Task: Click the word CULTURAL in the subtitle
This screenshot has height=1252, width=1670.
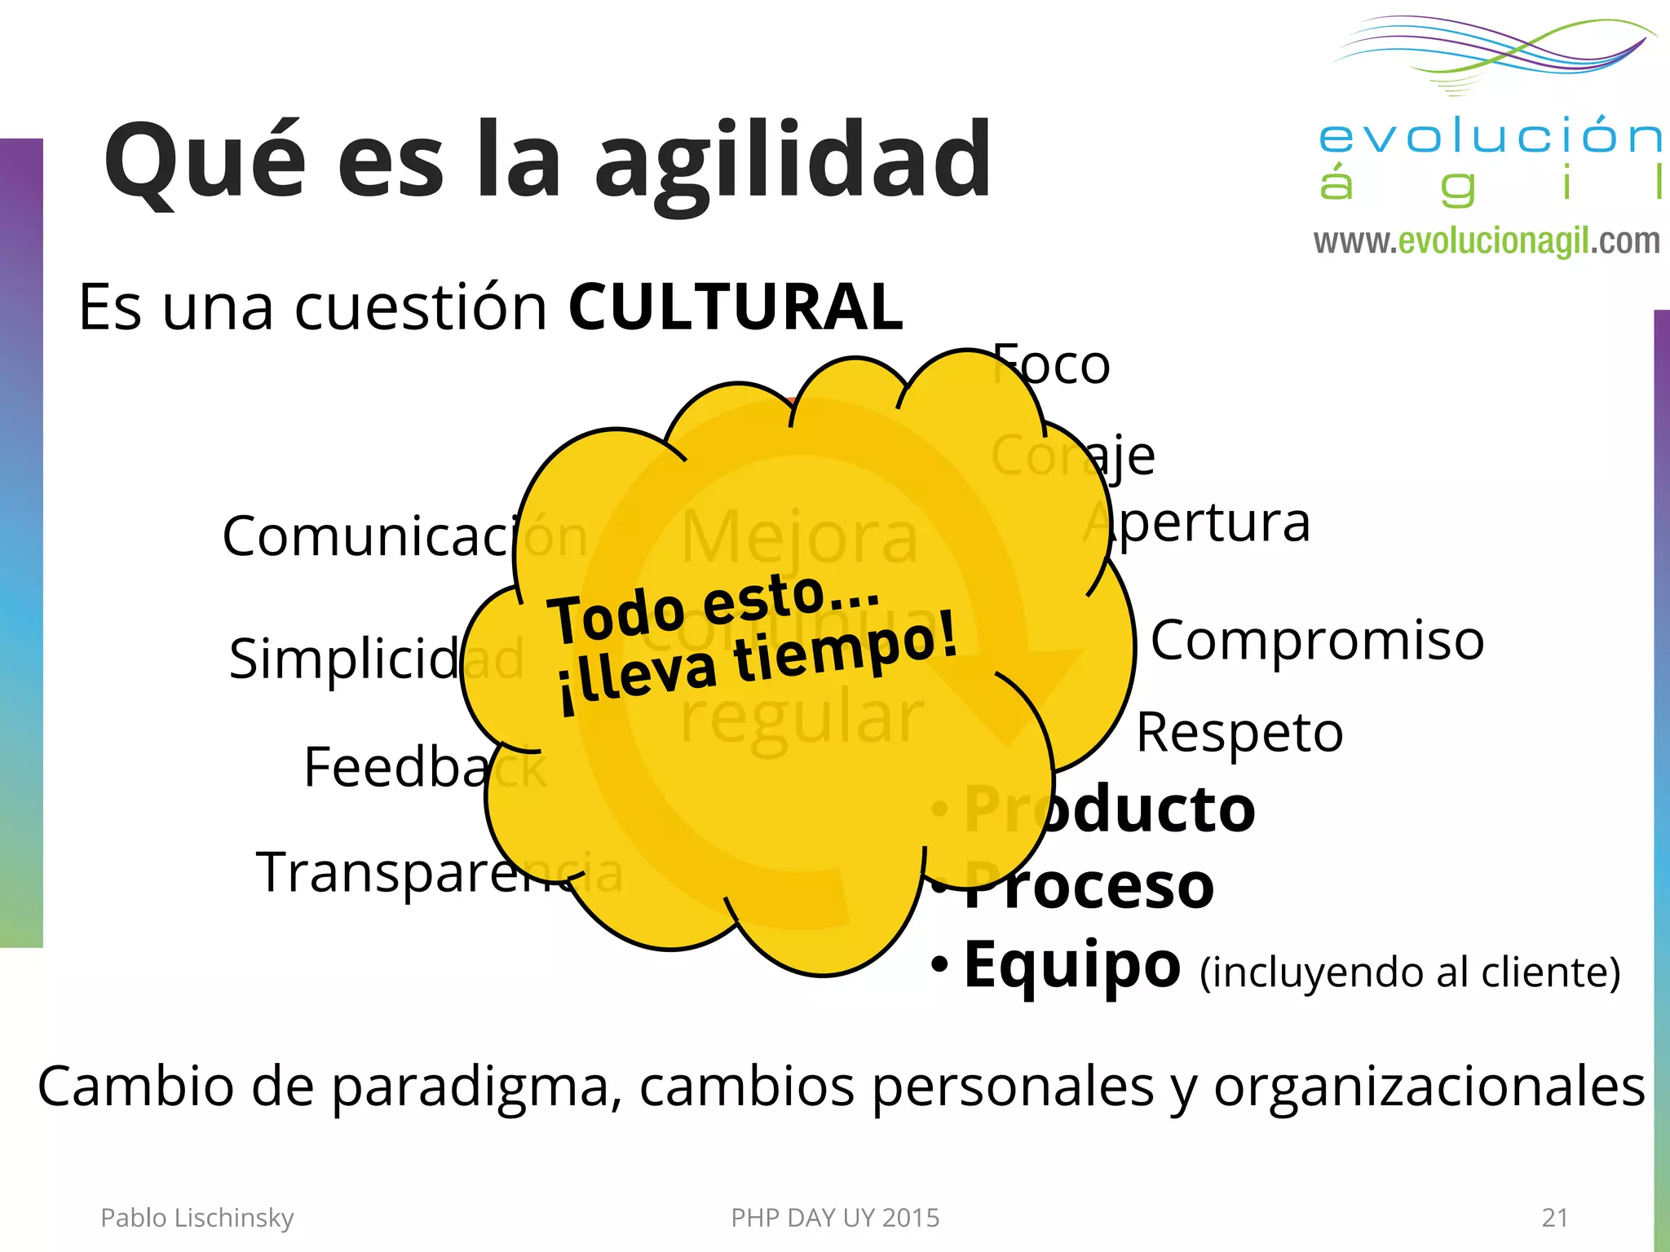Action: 736,307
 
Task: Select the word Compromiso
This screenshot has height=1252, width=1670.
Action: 1317,641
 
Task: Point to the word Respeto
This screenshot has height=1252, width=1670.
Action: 1239,733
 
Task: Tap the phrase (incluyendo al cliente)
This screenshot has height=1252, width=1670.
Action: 1410,972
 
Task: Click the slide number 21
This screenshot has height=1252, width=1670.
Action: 1555,1218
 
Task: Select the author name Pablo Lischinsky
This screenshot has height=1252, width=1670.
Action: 197,1218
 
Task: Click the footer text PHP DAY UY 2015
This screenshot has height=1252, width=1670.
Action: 835,1218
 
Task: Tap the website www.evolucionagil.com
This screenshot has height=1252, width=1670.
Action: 1487,241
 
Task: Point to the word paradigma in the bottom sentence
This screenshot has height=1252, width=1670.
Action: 471,1088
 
